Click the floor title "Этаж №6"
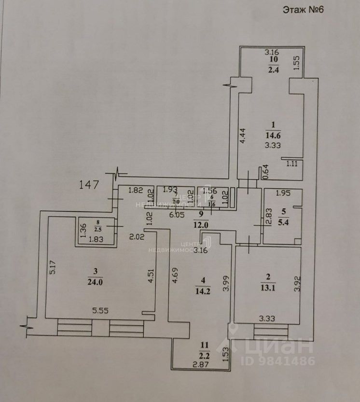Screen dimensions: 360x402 point(302,10)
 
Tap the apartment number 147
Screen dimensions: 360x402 point(90,184)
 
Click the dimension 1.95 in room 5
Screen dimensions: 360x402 point(283,194)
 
